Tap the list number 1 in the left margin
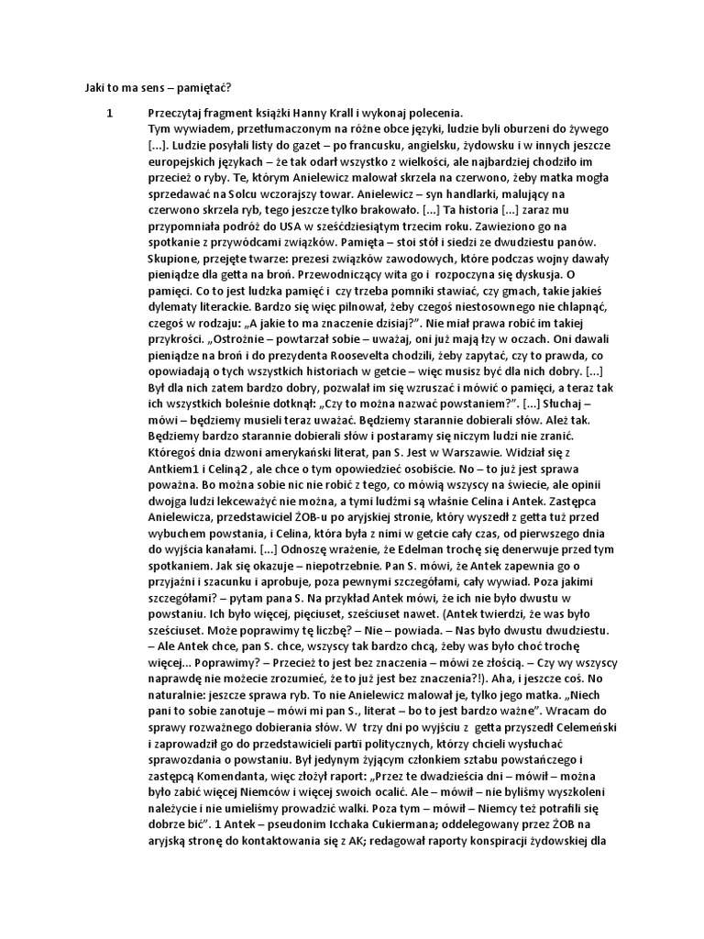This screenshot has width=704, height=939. point(109,113)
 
